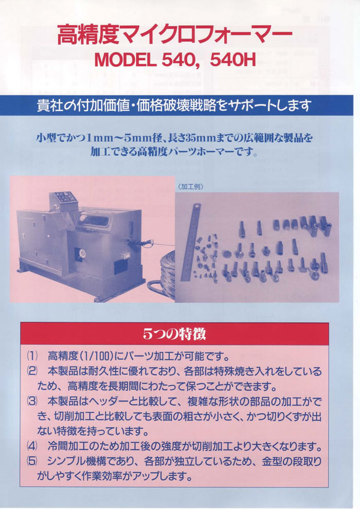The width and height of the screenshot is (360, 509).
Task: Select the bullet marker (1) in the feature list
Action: (32, 356)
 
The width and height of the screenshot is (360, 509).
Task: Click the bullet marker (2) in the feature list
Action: (32, 371)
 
